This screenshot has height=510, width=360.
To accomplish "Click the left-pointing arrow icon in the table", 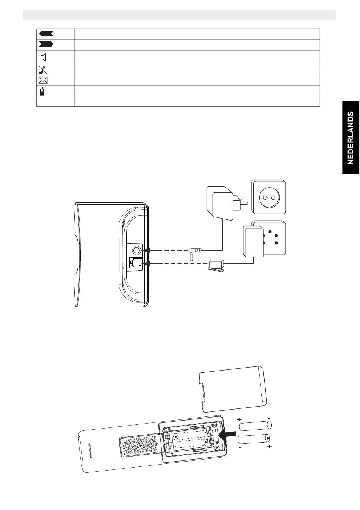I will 46,34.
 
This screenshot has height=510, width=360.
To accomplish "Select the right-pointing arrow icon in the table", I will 46,45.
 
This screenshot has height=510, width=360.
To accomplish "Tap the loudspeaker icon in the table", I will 44,58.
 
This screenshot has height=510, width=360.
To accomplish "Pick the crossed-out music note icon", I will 42,69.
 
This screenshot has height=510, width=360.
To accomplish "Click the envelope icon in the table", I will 43,80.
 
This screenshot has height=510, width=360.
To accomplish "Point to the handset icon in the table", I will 42,91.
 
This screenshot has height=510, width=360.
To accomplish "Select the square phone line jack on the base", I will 135,263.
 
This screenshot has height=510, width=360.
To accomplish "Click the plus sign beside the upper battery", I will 239,420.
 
